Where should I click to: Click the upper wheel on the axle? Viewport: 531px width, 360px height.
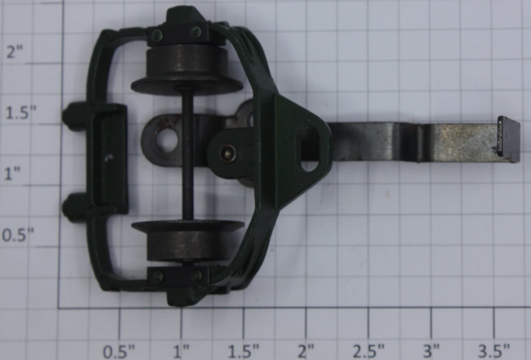click(x=187, y=71)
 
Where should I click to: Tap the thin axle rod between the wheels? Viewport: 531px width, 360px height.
click(x=188, y=157)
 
